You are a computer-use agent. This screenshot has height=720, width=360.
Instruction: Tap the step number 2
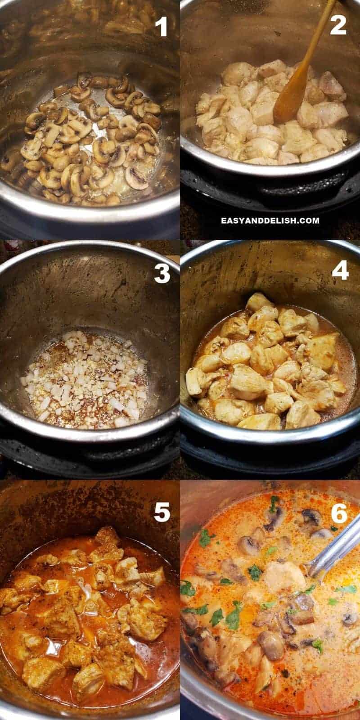[x=338, y=25]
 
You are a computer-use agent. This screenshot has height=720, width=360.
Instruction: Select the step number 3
[x=162, y=273]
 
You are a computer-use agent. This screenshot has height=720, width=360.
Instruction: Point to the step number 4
[x=340, y=270]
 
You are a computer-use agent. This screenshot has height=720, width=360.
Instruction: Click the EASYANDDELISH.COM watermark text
[x=270, y=220]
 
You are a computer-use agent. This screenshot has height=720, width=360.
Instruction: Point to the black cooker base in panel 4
[x=270, y=456]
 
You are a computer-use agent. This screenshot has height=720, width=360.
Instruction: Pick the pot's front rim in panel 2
[x=270, y=169]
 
